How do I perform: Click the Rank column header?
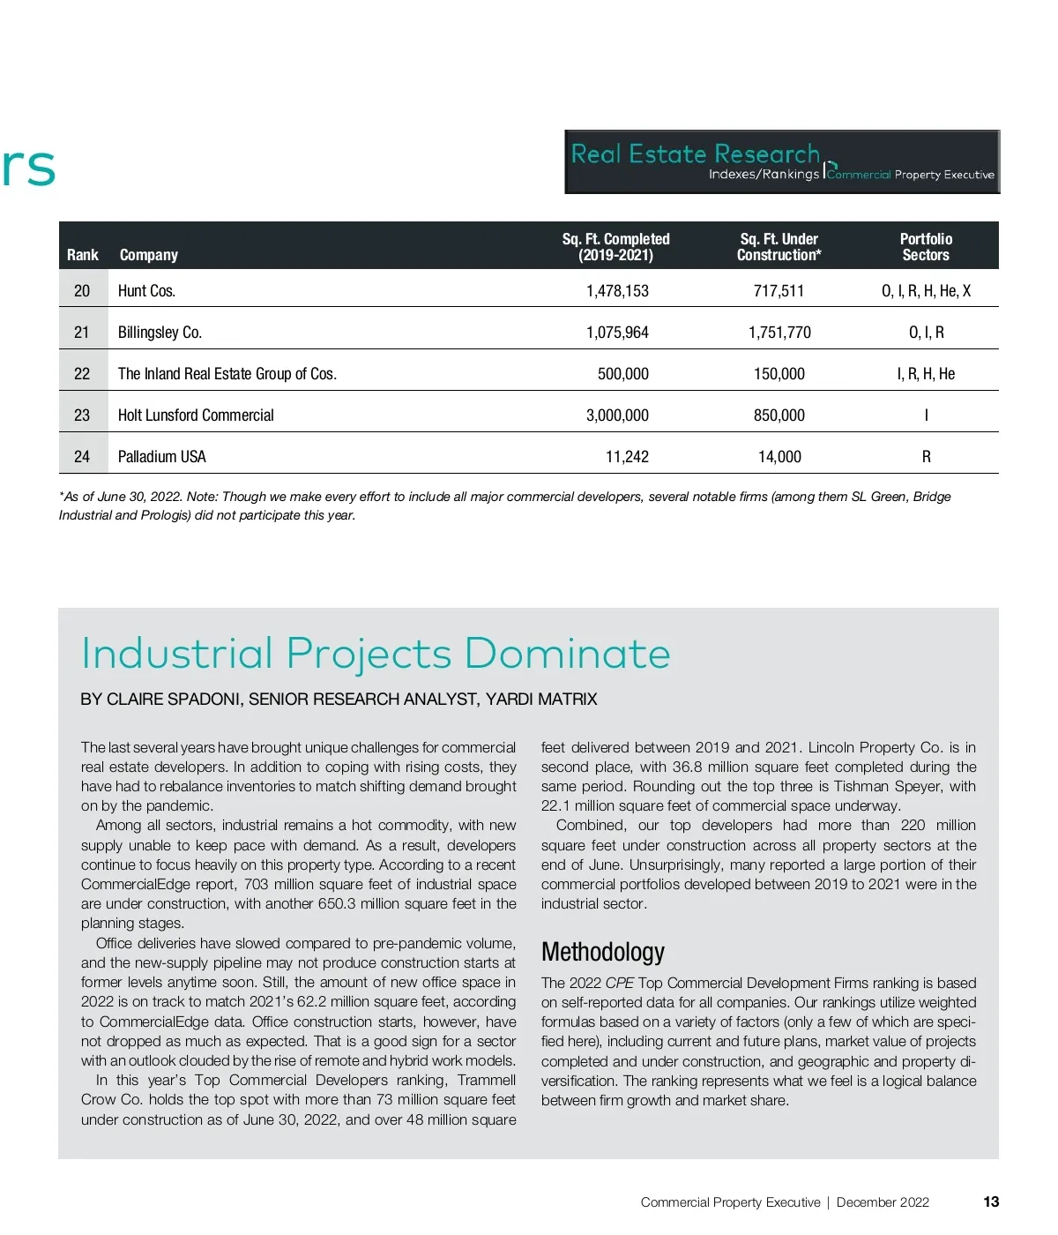coord(82,255)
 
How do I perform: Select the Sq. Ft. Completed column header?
coord(615,247)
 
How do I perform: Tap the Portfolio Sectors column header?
coord(926,247)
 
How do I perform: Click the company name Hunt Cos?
coord(146,291)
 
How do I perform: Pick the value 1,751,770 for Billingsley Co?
coord(779,333)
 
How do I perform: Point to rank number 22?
coord(82,374)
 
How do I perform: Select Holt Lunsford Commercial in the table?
coord(196,415)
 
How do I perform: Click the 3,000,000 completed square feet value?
coord(617,415)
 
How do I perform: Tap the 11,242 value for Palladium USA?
coord(627,457)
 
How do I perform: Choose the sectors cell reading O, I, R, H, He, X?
coord(926,291)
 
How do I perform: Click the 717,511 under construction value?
coord(779,291)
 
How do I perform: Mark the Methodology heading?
coord(603,952)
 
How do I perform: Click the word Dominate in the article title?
coord(567,654)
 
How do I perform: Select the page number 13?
coord(991,1201)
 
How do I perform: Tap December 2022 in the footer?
coord(883,1202)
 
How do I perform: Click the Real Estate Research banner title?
coord(696,154)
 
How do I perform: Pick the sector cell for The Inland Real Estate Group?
coord(926,374)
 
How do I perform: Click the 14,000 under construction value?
coord(779,457)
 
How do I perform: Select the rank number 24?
coord(82,457)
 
